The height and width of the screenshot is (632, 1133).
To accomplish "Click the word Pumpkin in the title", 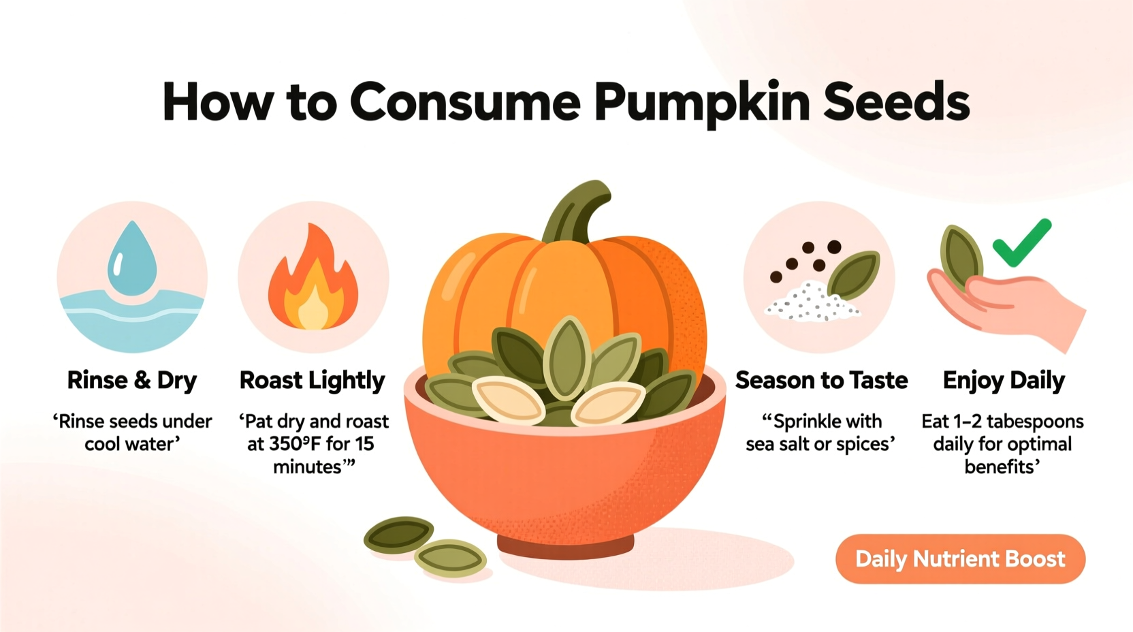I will tap(701, 102).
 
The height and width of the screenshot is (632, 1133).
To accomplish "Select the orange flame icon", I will tap(313, 283).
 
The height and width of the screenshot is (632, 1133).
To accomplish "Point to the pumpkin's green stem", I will tap(579, 211).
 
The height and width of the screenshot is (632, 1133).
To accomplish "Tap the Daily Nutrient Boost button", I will tap(960, 559).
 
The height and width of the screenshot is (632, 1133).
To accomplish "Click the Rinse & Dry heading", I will tap(132, 380).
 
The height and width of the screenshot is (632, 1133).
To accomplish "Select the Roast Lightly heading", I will tap(313, 380).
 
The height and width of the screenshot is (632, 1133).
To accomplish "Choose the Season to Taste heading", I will tap(821, 380).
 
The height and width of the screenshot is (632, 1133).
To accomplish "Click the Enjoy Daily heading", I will tap(1004, 380).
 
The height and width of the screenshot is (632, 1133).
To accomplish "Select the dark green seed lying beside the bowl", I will tap(399, 535).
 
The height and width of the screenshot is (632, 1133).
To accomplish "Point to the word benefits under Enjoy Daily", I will tap(1001, 467).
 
